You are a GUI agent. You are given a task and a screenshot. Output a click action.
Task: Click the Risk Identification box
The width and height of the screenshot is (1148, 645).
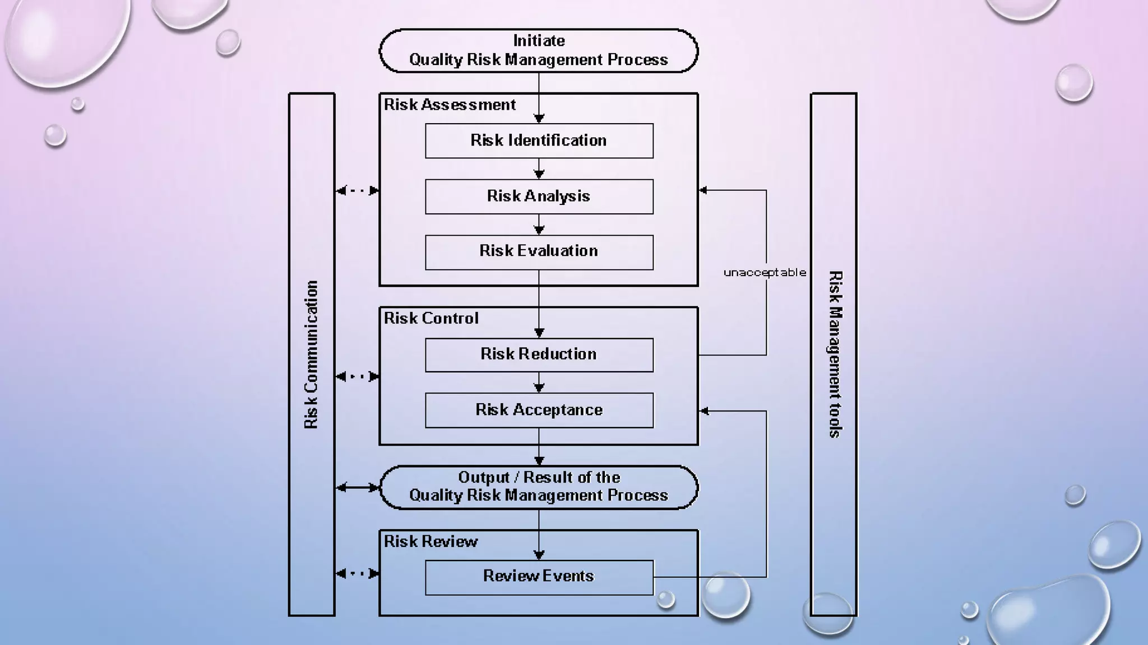coord(539,141)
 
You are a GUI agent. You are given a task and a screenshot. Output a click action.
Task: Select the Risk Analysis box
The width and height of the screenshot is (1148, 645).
coord(539,197)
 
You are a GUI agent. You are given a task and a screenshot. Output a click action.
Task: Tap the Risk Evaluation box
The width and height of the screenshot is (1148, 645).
coord(539,251)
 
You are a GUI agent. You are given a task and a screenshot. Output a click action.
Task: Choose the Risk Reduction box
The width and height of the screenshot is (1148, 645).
coord(539,354)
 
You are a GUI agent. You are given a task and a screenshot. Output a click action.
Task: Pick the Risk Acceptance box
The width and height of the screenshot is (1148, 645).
coord(539,410)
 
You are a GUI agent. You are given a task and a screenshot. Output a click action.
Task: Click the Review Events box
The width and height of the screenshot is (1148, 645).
coord(539,577)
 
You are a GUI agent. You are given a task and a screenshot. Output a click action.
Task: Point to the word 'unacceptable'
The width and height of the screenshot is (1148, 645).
coord(764,273)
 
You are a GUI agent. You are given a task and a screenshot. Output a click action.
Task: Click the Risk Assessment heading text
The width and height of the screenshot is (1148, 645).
coord(450,105)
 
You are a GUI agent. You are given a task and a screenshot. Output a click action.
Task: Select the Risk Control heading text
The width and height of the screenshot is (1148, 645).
coord(430,319)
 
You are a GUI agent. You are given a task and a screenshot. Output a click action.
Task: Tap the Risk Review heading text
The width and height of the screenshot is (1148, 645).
coord(430,541)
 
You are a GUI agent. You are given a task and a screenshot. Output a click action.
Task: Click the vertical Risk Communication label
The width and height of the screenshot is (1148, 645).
coord(311,355)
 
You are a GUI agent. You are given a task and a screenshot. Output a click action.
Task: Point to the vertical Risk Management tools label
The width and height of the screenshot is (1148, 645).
coord(835,354)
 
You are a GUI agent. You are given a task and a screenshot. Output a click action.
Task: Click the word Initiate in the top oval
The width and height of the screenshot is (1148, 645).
coord(539,41)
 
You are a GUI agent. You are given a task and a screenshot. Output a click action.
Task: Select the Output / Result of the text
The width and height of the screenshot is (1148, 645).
coord(539,478)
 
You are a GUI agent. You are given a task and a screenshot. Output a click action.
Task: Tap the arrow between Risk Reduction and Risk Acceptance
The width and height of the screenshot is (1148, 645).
coord(539,383)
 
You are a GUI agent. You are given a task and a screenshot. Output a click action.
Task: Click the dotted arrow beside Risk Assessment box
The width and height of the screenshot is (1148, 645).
coord(357,191)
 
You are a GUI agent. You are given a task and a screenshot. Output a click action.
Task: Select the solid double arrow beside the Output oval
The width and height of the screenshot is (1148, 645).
coord(357,488)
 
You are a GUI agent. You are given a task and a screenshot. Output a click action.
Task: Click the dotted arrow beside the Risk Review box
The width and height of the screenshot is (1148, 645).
coord(357,573)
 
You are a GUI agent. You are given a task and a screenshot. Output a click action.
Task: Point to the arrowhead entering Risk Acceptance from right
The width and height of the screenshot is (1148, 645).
coord(705,411)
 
